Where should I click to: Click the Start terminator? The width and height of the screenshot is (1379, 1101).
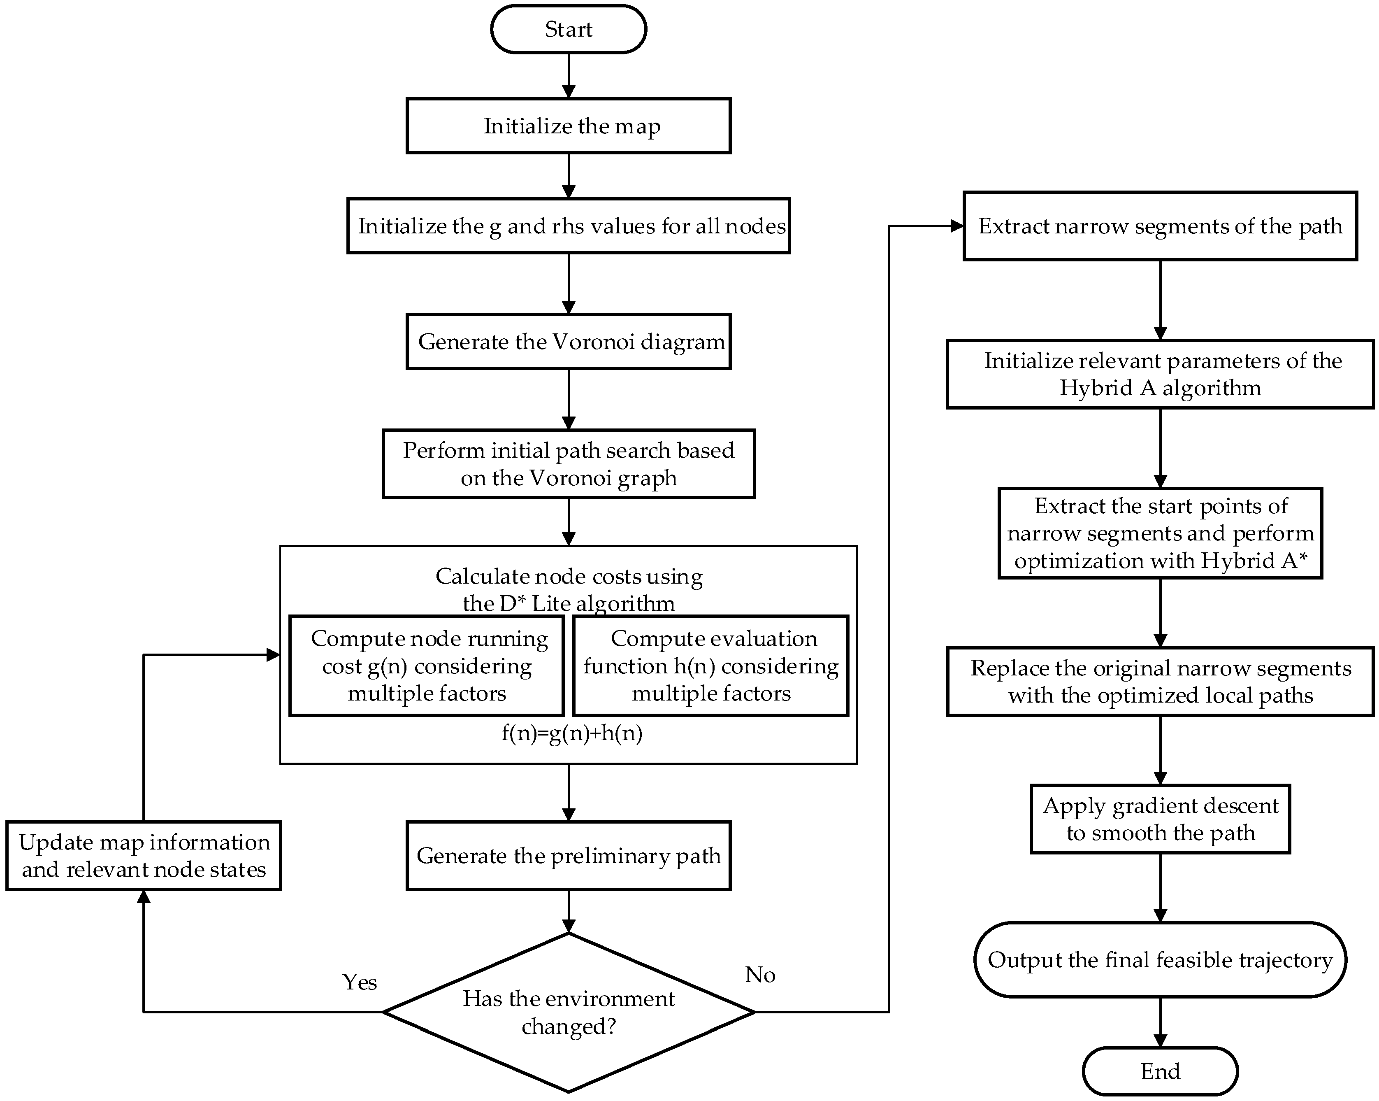(x=568, y=29)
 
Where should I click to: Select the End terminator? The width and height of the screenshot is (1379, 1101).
(x=1160, y=1072)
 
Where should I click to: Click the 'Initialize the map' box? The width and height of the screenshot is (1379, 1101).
(x=568, y=126)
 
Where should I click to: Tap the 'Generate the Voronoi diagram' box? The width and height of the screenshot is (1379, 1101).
(x=568, y=342)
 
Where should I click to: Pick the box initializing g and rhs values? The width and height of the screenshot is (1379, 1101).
(x=568, y=226)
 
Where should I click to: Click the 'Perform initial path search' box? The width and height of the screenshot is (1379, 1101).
(x=568, y=464)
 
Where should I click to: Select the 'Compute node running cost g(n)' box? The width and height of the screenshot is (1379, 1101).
(x=427, y=666)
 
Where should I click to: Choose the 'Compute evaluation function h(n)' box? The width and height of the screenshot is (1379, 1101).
(x=710, y=666)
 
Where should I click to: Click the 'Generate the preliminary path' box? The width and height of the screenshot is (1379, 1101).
(x=568, y=856)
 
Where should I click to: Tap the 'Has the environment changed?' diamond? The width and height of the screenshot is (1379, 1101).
(x=568, y=1012)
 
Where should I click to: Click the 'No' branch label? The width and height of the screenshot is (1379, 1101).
(x=760, y=975)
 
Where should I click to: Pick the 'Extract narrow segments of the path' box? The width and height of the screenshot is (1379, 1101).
(x=1160, y=226)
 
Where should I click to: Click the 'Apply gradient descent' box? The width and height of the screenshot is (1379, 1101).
(x=1160, y=819)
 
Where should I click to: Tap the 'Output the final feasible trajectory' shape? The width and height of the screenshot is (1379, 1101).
(x=1160, y=959)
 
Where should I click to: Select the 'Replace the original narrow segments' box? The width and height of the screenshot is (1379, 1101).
(x=1160, y=681)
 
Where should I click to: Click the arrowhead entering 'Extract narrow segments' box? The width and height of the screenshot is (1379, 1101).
(x=957, y=226)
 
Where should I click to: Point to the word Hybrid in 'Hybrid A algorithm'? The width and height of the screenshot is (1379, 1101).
(x=1096, y=388)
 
